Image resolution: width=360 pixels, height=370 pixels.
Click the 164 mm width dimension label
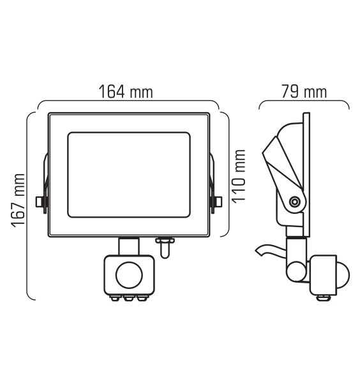(126, 91)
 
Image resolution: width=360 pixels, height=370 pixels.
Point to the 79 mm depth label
(304, 92)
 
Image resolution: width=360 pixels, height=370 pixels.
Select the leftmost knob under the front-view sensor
(116, 297)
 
